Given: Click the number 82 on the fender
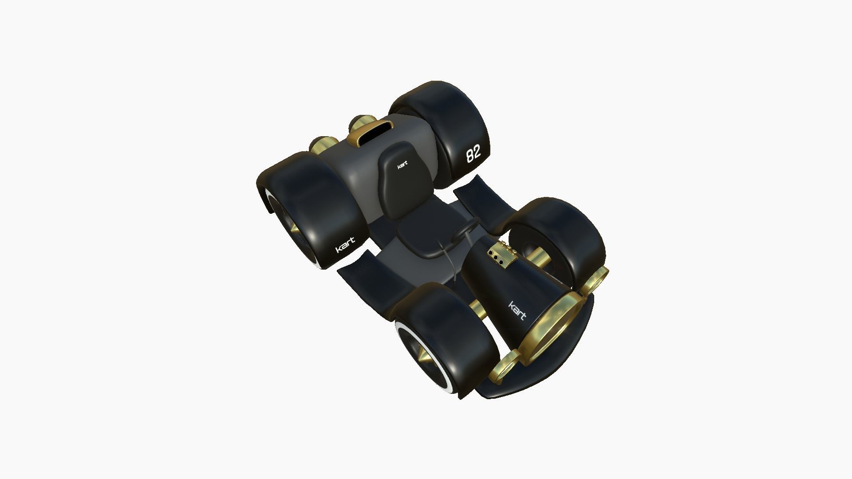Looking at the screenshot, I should point(473,154).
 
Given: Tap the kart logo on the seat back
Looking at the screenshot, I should point(402,165).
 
